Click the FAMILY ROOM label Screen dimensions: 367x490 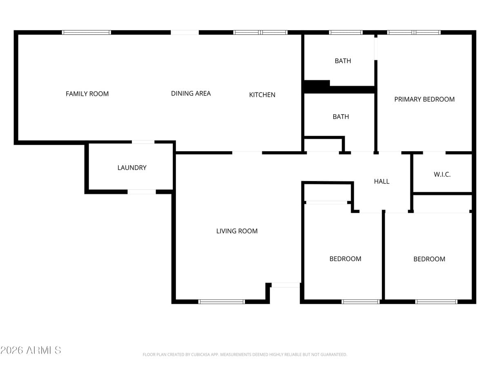87,94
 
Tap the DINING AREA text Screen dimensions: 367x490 191,93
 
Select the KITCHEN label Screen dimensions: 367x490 262,95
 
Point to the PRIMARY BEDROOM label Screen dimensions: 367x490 424,99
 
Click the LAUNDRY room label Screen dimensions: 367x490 131,168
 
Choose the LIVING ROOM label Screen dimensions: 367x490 237,231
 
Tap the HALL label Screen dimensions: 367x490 381,181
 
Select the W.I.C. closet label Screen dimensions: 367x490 442,175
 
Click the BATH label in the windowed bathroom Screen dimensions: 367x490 343,61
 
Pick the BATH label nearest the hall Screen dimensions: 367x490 341,117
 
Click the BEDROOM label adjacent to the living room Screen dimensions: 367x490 345,259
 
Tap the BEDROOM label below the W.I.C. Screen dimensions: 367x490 429,259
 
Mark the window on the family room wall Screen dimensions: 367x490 86,32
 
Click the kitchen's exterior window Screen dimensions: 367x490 261,32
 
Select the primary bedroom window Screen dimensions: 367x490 414,32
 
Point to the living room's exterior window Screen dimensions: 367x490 221,302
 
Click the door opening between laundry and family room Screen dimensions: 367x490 143,142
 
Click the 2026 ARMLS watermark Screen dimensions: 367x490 31,350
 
